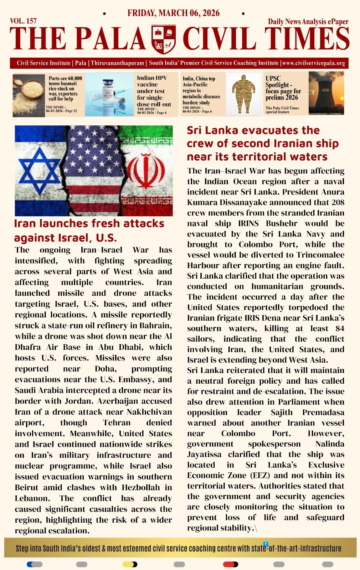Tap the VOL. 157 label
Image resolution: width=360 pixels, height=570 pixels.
pyautogui.click(x=23, y=21)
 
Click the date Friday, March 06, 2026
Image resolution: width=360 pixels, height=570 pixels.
pyautogui.click(x=173, y=13)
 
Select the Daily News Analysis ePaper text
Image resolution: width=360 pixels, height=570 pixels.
pyautogui.click(x=308, y=21)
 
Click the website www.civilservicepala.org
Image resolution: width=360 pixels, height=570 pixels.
pyautogui.click(x=314, y=63)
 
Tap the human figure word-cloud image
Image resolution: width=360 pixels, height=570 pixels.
pyautogui.click(x=243, y=94)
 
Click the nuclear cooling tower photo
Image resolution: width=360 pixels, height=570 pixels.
pyautogui.click(x=326, y=93)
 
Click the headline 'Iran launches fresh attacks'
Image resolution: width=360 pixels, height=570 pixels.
pyautogui.click(x=89, y=223)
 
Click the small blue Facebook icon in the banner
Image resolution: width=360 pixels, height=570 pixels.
pyautogui.click(x=266, y=544)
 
